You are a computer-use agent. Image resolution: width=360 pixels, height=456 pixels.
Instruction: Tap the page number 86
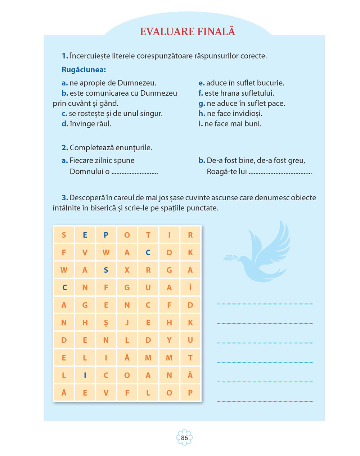(184, 438)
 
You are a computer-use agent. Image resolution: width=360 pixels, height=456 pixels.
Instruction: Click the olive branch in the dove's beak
(230, 257)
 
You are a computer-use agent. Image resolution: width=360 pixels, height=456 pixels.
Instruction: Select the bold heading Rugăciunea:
(84, 70)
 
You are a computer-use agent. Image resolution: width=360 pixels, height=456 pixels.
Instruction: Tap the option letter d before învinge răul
(64, 124)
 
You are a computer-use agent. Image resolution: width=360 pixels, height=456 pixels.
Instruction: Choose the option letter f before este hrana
(201, 93)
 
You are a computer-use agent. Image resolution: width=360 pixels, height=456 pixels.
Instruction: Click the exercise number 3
(65, 198)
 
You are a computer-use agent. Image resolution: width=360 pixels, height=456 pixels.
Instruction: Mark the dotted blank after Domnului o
(135, 172)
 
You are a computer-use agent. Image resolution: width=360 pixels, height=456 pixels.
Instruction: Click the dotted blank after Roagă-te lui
(280, 172)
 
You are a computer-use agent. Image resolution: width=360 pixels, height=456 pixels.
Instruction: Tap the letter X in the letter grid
(127, 270)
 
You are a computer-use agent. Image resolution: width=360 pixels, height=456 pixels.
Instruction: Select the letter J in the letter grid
(127, 323)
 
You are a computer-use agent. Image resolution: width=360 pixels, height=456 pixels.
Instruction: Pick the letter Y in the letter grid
(169, 340)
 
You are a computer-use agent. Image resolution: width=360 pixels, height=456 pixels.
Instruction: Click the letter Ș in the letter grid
(106, 323)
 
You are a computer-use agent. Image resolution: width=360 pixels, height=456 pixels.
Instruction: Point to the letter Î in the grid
(190, 287)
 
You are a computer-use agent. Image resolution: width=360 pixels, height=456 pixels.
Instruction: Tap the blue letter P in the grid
(106, 235)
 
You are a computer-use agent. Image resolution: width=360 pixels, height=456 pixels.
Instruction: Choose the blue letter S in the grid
(106, 270)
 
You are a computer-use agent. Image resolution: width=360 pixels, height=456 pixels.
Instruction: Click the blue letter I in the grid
(85, 375)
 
